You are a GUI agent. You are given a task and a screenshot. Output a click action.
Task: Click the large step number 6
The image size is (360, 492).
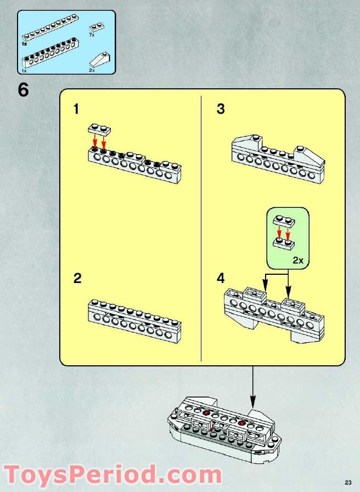pyautogui.click(x=23, y=89)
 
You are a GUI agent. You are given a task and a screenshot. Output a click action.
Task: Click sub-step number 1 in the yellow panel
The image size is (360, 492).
pyautogui.click(x=76, y=110)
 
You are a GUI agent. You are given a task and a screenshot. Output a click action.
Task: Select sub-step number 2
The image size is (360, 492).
pyautogui.click(x=77, y=279)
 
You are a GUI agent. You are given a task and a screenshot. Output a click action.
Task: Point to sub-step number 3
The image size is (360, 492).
pyautogui.click(x=221, y=110)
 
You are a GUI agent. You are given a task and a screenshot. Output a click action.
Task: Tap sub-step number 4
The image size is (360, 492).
pyautogui.click(x=221, y=279)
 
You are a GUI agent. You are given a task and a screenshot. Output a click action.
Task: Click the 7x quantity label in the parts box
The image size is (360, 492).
pyautogui.click(x=92, y=35)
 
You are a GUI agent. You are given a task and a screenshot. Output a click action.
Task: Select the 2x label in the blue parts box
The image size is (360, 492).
pyautogui.click(x=92, y=70)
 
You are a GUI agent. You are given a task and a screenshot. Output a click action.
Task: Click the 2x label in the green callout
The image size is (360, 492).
pyautogui.click(x=297, y=261)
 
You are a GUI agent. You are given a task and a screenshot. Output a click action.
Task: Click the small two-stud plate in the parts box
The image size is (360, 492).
pyautogui.click(x=97, y=26)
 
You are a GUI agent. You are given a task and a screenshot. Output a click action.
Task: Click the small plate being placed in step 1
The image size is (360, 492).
pyautogui.click(x=99, y=129)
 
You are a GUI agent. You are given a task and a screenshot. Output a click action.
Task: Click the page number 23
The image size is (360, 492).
pyautogui.click(x=347, y=482)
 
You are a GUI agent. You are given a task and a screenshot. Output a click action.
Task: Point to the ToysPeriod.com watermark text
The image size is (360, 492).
pyautogui.click(x=113, y=474)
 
